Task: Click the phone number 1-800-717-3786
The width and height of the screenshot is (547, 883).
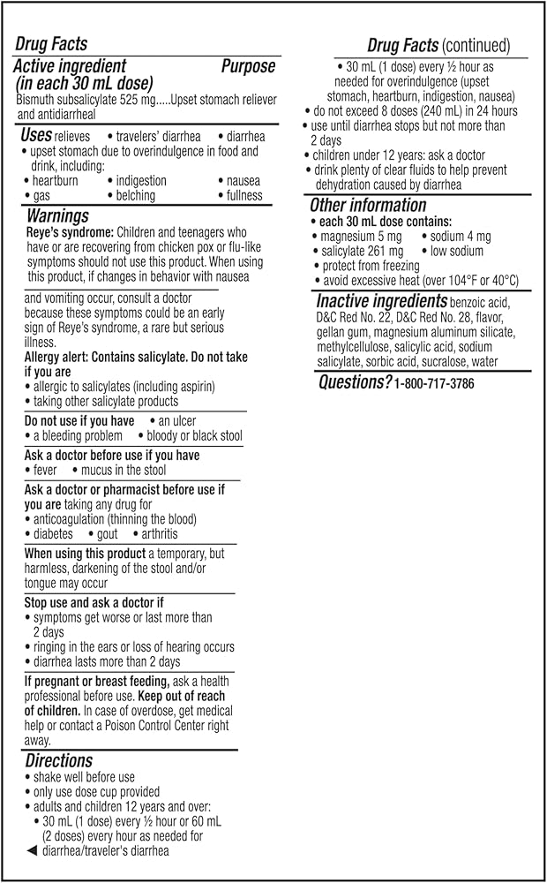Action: [x=434, y=383]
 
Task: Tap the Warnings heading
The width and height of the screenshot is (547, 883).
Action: [x=57, y=215]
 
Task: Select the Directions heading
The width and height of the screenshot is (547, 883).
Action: [x=58, y=760]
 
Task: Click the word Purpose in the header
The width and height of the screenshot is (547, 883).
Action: [x=248, y=66]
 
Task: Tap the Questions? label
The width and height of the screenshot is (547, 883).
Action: [x=354, y=382]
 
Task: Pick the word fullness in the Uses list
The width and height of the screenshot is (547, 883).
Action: [x=244, y=195]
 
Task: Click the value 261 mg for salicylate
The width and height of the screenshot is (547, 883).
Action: [x=382, y=252]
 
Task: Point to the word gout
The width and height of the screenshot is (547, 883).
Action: [x=107, y=534]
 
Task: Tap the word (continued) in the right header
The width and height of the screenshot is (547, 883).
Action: [x=476, y=45]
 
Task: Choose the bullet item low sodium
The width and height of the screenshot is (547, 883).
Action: [x=458, y=252]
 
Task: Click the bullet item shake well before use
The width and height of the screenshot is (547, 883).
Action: [x=84, y=777]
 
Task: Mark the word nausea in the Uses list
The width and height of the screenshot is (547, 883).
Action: [x=243, y=181]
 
